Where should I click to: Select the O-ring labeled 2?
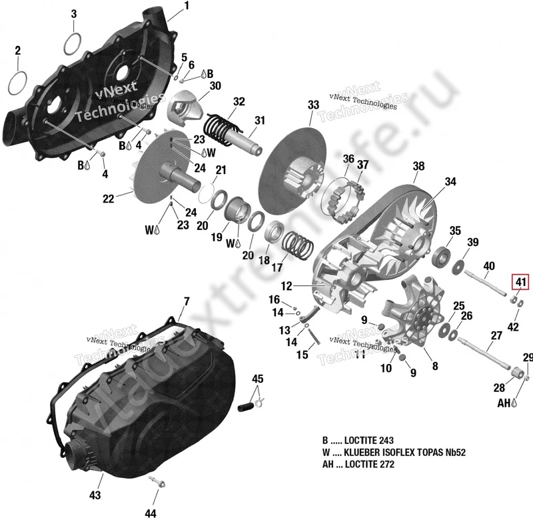(x=19, y=83)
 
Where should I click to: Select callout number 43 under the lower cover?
(x=95, y=495)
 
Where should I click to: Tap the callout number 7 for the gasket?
(x=187, y=301)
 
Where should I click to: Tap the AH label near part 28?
(x=503, y=403)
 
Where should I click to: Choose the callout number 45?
(x=257, y=380)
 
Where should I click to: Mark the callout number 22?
(x=109, y=197)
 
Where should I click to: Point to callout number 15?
(x=302, y=355)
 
